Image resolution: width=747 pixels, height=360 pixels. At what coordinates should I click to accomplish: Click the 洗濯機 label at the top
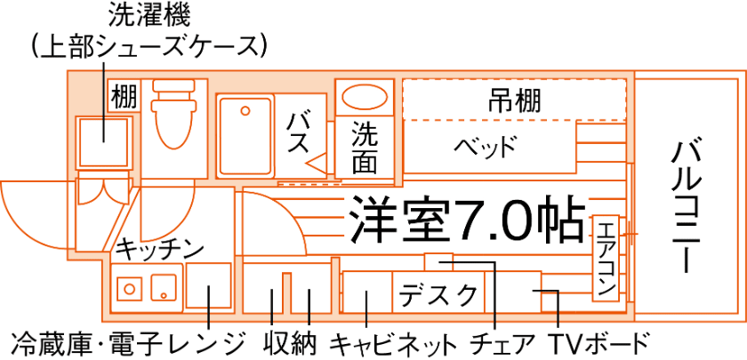pyautogui.click(x=149, y=16)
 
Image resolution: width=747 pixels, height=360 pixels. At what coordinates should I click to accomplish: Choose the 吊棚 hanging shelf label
pyautogui.click(x=514, y=100)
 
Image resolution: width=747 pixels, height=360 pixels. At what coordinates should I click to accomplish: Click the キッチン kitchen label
pyautogui.click(x=160, y=248)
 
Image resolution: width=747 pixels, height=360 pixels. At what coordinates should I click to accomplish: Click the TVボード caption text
pyautogui.click(x=599, y=343)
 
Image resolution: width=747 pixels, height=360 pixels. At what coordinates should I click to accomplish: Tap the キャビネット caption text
pyautogui.click(x=394, y=343)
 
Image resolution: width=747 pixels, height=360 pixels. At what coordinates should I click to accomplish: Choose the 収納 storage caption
pyautogui.click(x=290, y=343)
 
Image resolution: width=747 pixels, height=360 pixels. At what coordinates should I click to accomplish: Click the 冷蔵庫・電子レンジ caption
pyautogui.click(x=127, y=343)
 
